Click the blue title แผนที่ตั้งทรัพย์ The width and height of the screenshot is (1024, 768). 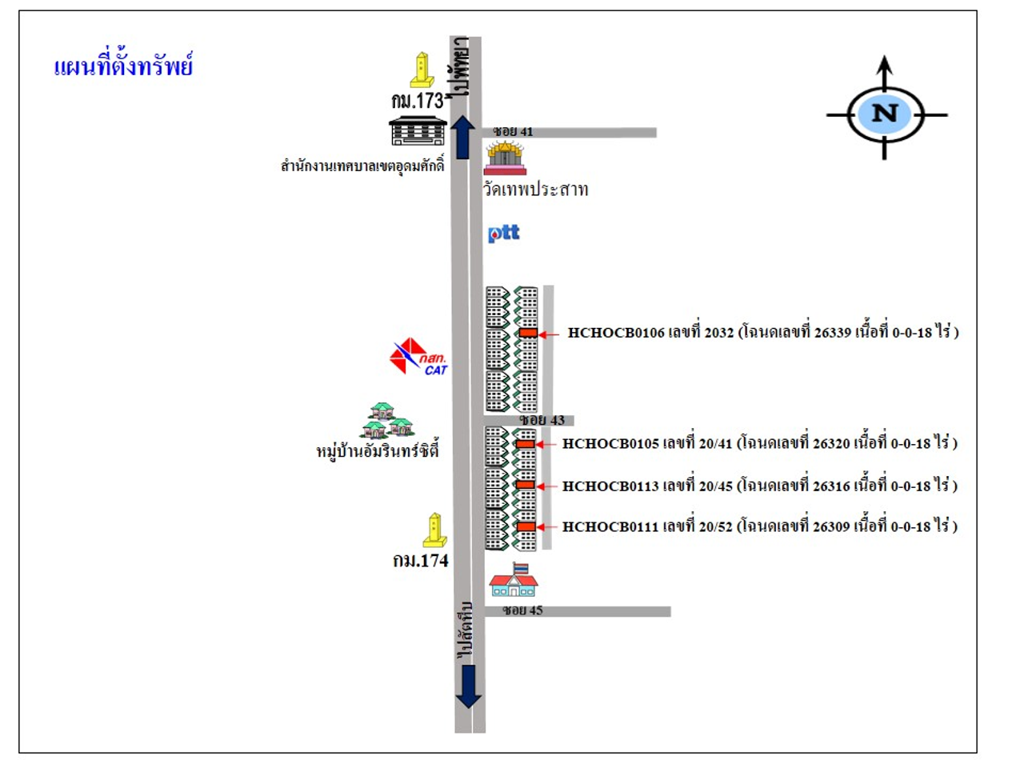[123, 66]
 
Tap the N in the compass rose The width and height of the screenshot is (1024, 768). [885, 113]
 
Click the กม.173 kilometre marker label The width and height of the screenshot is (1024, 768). [417, 101]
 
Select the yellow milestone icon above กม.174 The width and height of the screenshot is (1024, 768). [434, 530]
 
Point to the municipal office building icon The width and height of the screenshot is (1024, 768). [418, 130]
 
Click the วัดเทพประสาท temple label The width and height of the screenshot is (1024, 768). [535, 190]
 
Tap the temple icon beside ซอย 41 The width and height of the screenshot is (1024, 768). [505, 157]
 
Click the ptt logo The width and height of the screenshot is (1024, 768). [504, 233]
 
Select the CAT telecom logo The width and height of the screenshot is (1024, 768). [418, 357]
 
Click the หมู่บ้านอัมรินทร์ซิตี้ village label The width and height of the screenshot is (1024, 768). [378, 451]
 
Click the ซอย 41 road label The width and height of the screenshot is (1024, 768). [513, 131]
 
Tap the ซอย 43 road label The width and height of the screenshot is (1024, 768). [542, 420]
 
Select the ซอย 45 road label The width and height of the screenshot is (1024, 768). [522, 610]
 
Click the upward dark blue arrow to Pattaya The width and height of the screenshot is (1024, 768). [462, 137]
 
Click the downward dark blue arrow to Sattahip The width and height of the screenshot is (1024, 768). [468, 686]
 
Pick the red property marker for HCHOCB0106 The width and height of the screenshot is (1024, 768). [528, 333]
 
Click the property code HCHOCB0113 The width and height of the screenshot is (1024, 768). [610, 486]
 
